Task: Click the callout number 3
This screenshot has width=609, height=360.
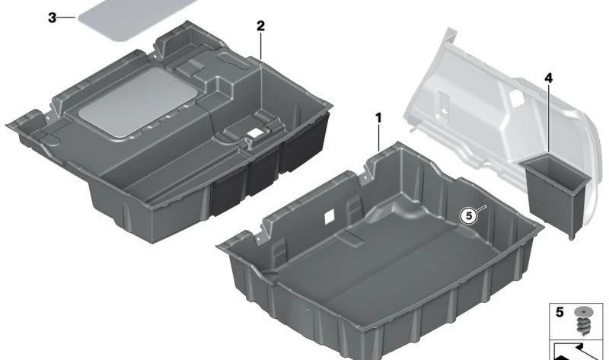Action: (52, 18)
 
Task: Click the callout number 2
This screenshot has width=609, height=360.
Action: (260, 26)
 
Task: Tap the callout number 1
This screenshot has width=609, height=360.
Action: (378, 117)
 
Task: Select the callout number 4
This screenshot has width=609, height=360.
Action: (548, 78)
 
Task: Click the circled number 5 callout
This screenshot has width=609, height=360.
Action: (469, 215)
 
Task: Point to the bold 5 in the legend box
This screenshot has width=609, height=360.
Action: (560, 312)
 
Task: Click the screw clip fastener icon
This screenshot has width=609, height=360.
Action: (582, 320)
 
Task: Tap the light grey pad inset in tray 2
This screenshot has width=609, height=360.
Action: (138, 102)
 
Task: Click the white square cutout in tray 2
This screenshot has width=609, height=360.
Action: (255, 133)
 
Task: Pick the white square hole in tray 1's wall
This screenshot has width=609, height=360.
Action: (330, 216)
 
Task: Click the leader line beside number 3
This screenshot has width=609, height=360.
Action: (67, 18)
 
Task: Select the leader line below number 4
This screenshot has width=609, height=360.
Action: (548, 119)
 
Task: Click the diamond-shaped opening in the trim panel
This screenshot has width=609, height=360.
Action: (515, 98)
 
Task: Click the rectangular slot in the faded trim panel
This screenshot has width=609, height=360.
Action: (442, 104)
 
